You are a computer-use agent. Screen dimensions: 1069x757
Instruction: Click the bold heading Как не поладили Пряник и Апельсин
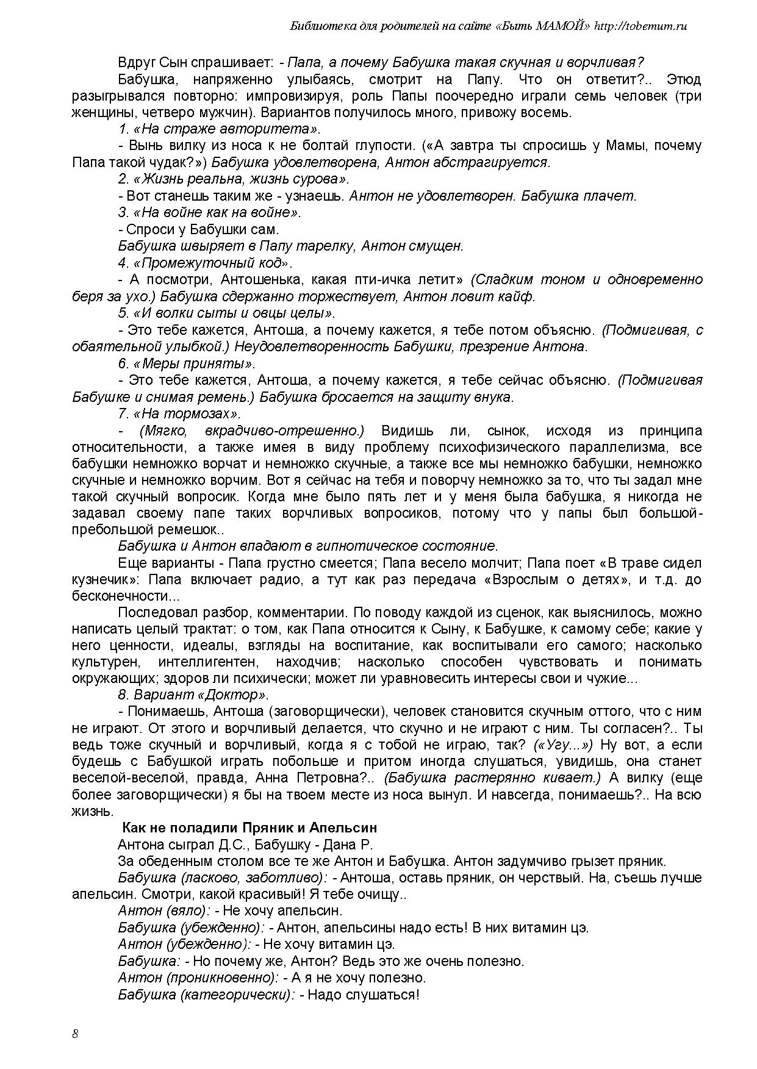point(249,828)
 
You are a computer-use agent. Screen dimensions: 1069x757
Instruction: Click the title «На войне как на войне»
point(210,212)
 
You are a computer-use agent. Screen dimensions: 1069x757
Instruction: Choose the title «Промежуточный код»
point(206,263)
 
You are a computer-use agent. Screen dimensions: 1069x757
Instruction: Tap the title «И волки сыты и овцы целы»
point(227,313)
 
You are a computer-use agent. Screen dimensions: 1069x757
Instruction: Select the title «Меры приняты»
point(187,363)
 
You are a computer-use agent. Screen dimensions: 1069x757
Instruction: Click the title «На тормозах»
point(179,413)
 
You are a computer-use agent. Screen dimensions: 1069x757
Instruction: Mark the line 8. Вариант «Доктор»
point(193,695)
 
